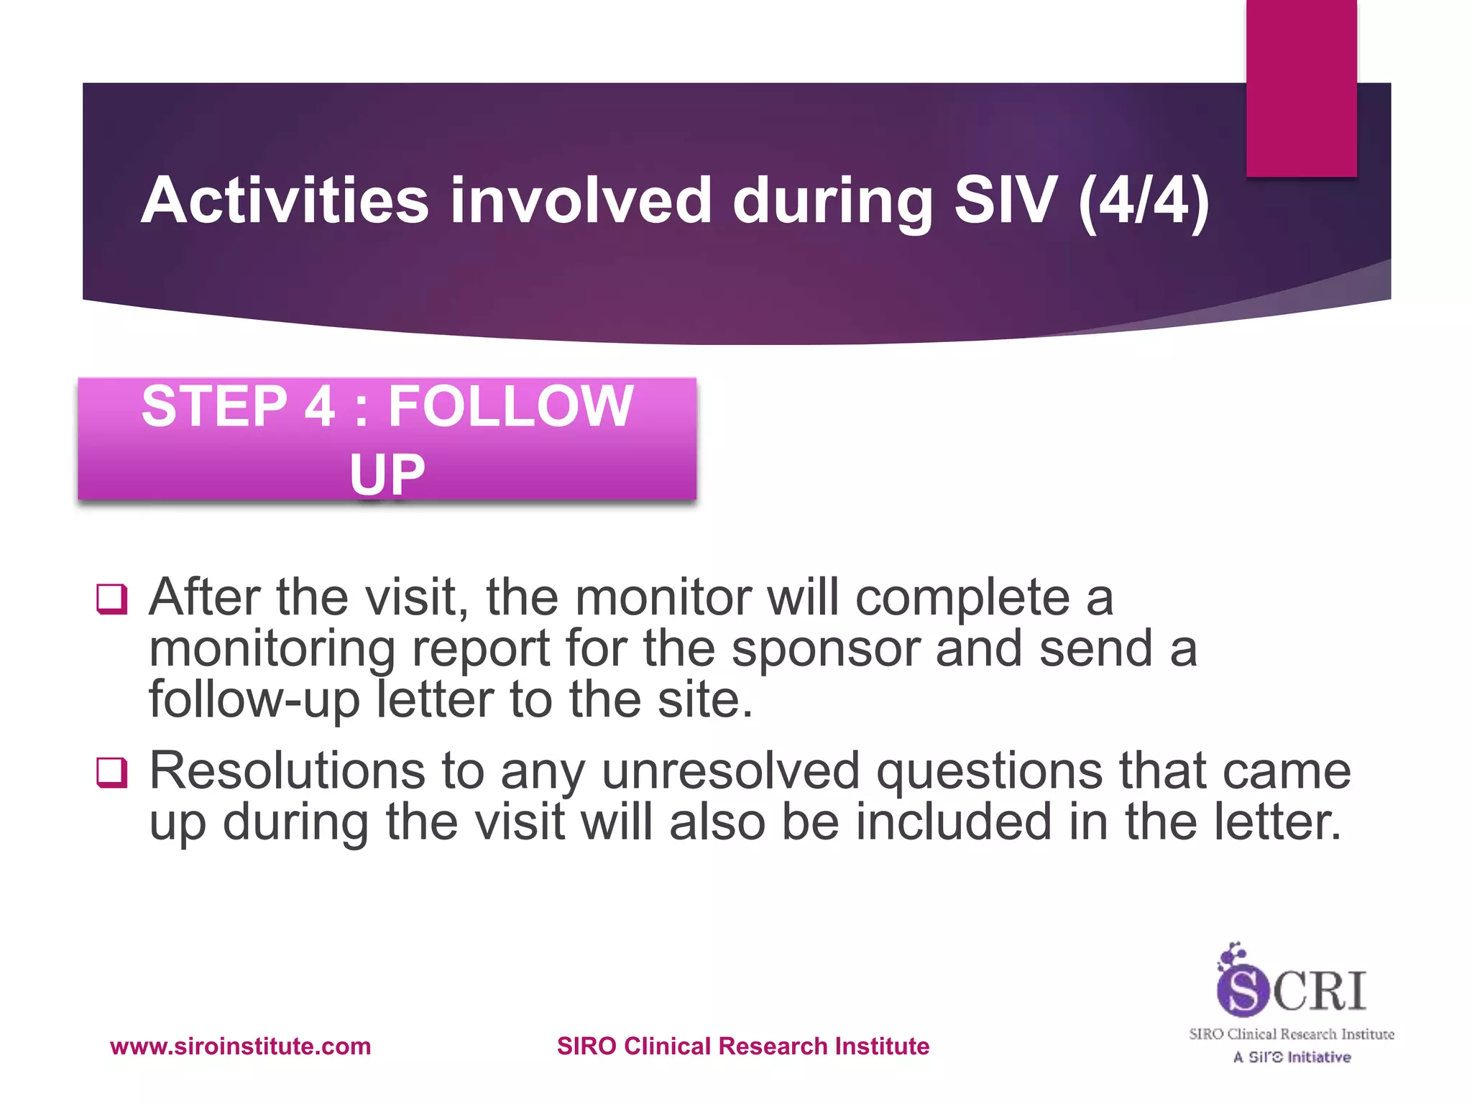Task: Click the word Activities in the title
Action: pyautogui.click(x=285, y=201)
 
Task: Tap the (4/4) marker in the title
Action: pyautogui.click(x=1144, y=201)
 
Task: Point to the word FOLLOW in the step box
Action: pyautogui.click(x=510, y=407)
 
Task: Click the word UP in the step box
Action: pyautogui.click(x=387, y=474)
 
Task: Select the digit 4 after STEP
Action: pyautogui.click(x=319, y=407)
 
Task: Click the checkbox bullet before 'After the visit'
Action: pyautogui.click(x=112, y=599)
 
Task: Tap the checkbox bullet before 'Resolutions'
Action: pyautogui.click(x=112, y=773)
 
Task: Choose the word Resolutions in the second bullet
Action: pyautogui.click(x=287, y=771)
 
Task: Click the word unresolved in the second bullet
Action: pyautogui.click(x=730, y=771)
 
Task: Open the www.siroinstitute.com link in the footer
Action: pyautogui.click(x=240, y=1046)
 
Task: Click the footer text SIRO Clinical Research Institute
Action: pyautogui.click(x=742, y=1046)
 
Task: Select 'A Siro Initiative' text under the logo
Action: pyautogui.click(x=1292, y=1057)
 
